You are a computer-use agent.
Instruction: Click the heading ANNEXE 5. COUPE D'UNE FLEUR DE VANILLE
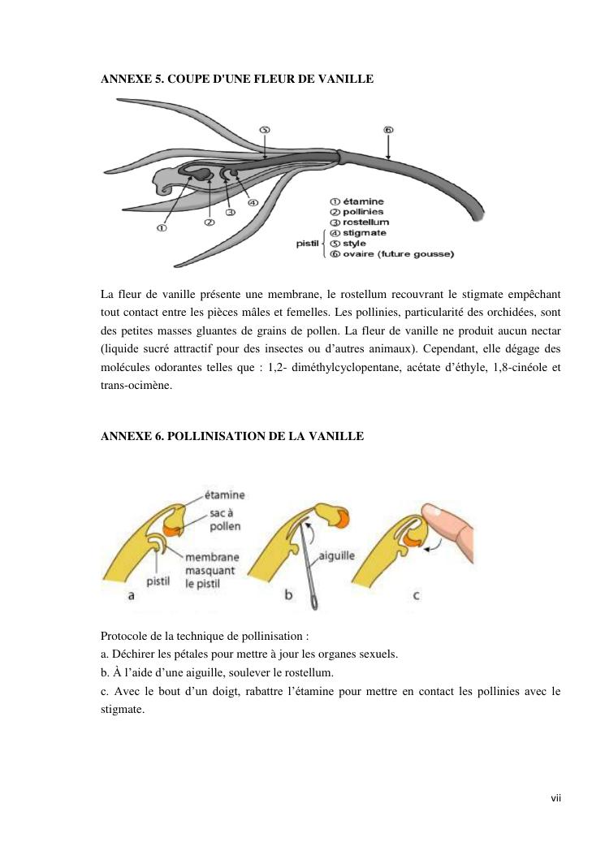(236, 79)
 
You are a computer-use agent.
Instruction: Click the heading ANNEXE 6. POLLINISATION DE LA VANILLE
(232, 436)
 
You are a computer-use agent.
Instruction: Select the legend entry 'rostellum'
(365, 222)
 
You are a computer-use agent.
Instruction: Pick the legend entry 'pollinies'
(363, 211)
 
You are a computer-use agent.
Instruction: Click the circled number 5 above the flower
(265, 130)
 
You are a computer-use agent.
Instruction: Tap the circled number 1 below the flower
(162, 228)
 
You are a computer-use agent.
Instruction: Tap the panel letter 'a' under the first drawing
(132, 595)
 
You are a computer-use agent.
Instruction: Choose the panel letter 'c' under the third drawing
(416, 595)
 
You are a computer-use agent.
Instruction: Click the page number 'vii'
(555, 798)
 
